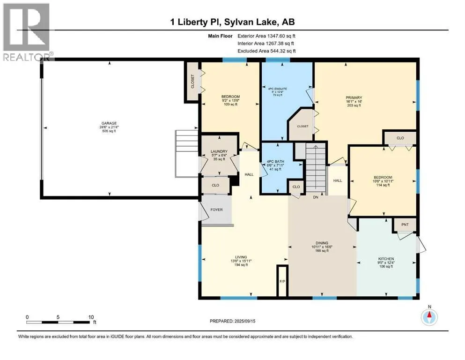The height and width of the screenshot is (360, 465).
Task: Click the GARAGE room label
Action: pyautogui.click(x=109, y=123)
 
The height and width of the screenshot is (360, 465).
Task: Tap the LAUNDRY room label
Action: pyautogui.click(x=219, y=151)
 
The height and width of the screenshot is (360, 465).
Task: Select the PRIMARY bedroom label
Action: pyautogui.click(x=354, y=97)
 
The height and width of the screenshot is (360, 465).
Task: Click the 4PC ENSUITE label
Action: pyautogui.click(x=278, y=89)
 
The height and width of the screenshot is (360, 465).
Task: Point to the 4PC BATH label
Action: pyautogui.click(x=275, y=161)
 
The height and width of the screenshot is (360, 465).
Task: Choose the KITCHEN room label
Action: pyautogui.click(x=386, y=259)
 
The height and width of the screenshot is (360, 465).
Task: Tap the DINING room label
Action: pyautogui.click(x=322, y=243)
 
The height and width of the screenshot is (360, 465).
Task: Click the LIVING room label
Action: pyautogui.click(x=241, y=257)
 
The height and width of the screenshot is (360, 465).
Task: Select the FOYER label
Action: pyautogui.click(x=216, y=210)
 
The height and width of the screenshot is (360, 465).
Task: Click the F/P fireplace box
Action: pyautogui.click(x=282, y=281)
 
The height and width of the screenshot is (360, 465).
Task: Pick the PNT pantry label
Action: pyautogui.click(x=405, y=225)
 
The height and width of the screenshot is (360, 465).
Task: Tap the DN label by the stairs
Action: pyautogui.click(x=316, y=197)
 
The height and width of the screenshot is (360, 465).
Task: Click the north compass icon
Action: pyautogui.click(x=429, y=317)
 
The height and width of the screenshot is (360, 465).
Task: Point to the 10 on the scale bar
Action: pyautogui.click(x=91, y=317)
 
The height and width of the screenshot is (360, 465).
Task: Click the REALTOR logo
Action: pyautogui.click(x=27, y=32)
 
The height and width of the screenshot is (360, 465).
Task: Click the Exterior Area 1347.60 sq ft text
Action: pyautogui.click(x=266, y=36)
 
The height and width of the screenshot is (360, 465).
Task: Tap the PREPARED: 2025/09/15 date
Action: pyautogui.click(x=232, y=321)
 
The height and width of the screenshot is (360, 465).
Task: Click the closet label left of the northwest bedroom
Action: pyautogui.click(x=192, y=81)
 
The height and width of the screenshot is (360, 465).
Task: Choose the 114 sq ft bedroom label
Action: pyautogui.click(x=383, y=185)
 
